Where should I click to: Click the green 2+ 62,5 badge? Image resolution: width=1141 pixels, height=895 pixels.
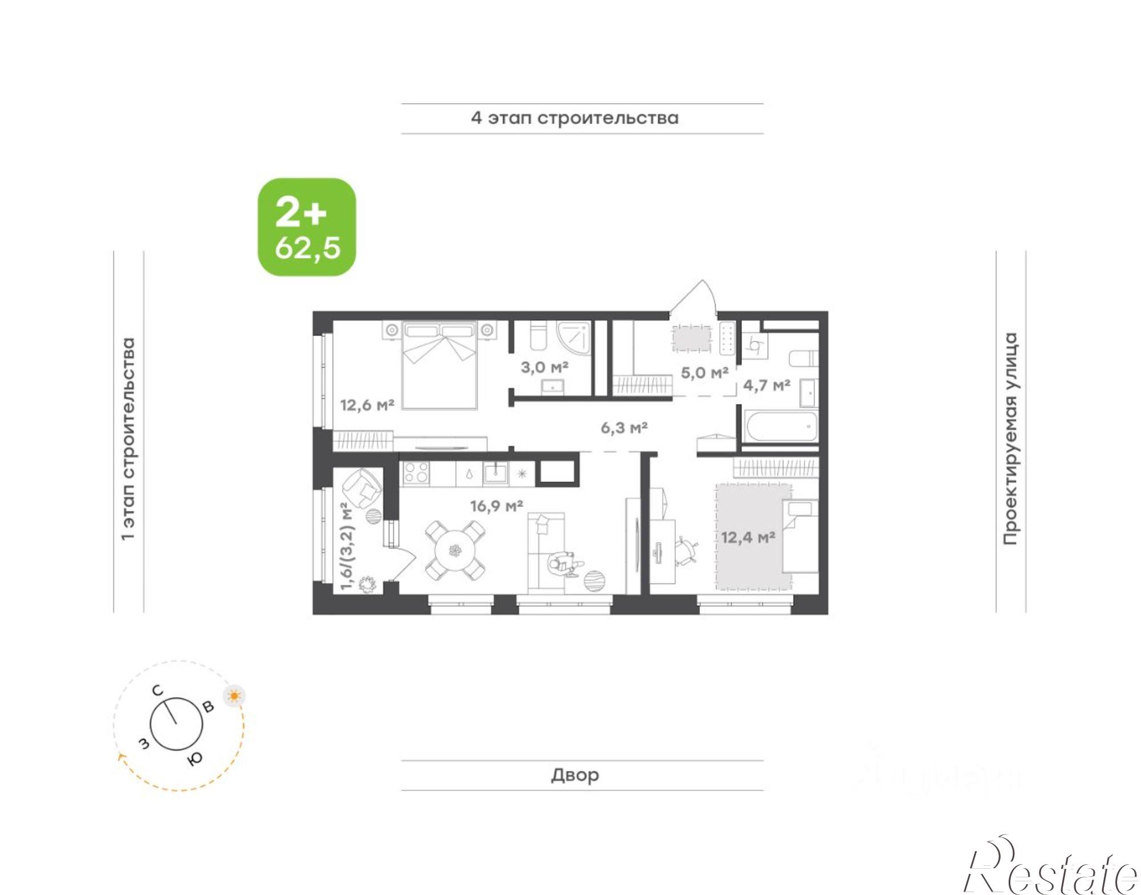(307, 227)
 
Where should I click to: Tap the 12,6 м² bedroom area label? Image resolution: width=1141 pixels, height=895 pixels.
(367, 405)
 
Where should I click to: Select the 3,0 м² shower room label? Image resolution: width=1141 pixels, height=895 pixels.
(544, 367)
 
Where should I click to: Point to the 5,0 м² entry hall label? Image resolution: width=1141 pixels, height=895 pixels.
(705, 373)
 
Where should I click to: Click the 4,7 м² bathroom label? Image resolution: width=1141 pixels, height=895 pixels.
(767, 385)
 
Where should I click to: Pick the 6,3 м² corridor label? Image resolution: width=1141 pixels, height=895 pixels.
(624, 428)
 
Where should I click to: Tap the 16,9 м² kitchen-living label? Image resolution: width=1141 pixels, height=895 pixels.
(497, 506)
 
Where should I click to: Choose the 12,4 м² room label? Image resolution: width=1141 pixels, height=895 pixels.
(748, 537)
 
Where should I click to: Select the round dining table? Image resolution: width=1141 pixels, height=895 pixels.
(455, 551)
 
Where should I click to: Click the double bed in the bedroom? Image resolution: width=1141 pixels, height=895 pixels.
(439, 365)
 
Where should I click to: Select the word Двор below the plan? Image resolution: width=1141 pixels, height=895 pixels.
(575, 775)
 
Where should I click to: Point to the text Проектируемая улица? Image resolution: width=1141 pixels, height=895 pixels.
(1010, 438)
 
